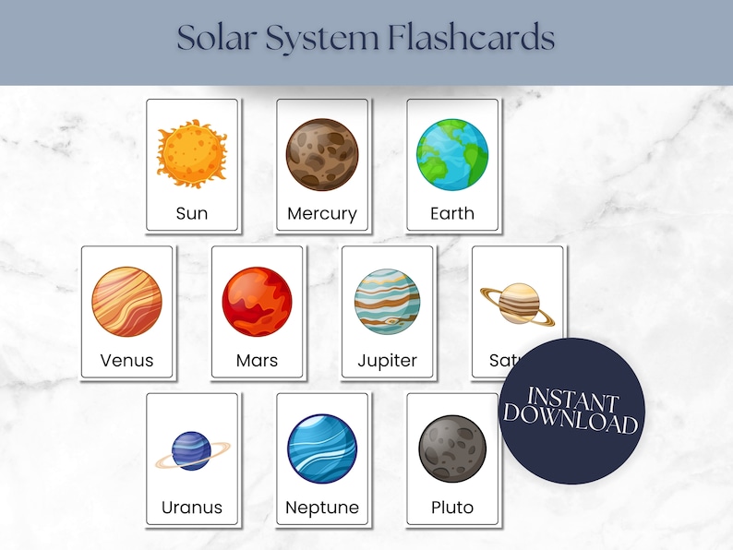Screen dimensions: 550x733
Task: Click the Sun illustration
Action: (192, 153)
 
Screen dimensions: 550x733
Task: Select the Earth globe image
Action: (451, 154)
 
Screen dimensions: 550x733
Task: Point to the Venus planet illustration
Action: (126, 302)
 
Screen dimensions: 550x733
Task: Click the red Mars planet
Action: (257, 302)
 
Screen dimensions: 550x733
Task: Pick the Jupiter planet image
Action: (387, 302)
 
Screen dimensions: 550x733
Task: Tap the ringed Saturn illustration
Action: (518, 304)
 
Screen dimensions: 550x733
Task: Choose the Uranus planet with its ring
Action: (192, 451)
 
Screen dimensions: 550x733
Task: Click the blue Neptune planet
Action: (321, 449)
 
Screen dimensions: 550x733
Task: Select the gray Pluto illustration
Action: (451, 449)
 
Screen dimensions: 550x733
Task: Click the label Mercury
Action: (321, 213)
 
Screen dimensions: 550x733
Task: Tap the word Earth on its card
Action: (451, 213)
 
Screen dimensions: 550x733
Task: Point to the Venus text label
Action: (126, 360)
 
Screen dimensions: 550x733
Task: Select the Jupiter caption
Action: (387, 360)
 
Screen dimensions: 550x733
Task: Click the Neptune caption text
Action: (321, 508)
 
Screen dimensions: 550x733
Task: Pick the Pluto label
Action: (451, 508)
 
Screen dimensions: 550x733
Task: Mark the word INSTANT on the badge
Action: (572, 399)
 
